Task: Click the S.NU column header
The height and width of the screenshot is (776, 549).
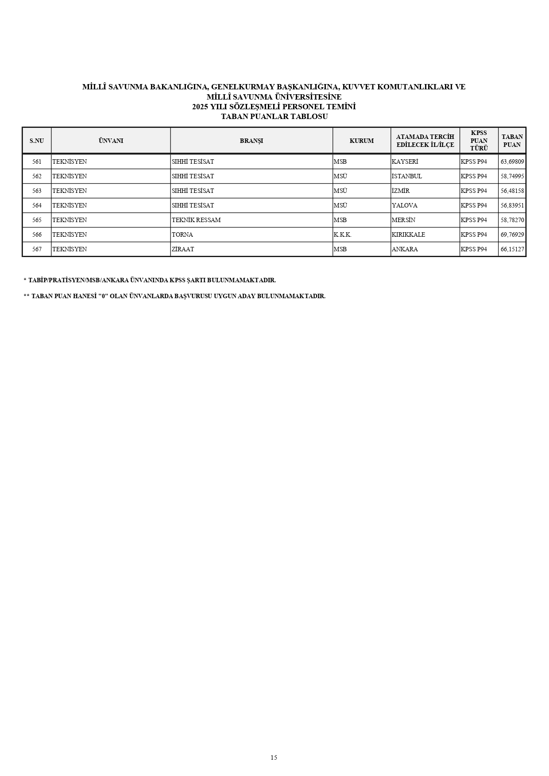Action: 37,141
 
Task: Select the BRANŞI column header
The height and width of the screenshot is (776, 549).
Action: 251,141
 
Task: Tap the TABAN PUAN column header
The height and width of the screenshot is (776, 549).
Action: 512,141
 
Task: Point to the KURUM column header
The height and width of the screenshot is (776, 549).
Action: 361,141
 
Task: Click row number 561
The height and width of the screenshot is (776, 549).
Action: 37,161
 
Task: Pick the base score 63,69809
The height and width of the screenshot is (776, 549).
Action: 512,161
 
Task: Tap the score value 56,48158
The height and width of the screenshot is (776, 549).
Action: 512,191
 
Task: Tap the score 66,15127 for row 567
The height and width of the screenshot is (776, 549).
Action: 512,249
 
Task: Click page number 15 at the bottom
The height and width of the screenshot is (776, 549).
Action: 274,757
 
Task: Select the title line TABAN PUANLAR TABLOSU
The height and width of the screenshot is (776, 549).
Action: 274,117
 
